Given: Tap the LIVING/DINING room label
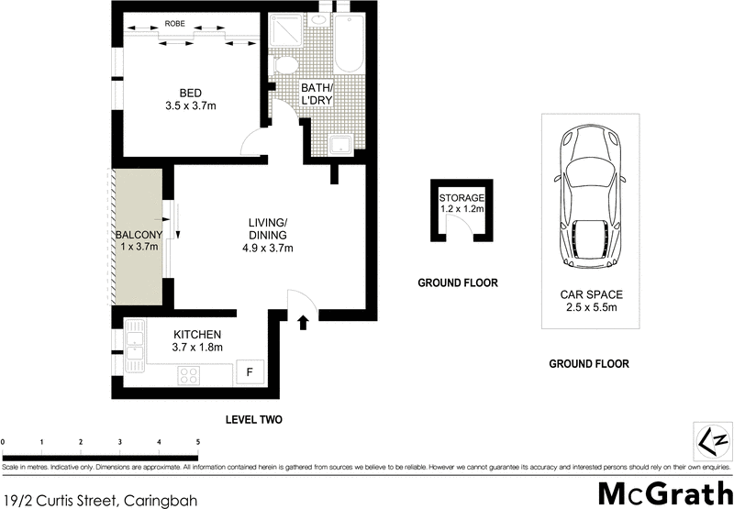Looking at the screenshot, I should click(x=269, y=235).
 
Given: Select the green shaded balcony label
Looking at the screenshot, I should click(x=138, y=240).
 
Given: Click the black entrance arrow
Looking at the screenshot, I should click(x=304, y=320).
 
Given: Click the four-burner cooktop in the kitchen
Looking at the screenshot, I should click(x=190, y=374).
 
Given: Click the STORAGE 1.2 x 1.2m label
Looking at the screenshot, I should click(x=461, y=204).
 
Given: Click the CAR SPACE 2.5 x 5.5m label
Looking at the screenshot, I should click(x=591, y=302).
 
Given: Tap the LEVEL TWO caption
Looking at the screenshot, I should click(x=253, y=420).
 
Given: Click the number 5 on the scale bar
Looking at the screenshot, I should click(x=198, y=442).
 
